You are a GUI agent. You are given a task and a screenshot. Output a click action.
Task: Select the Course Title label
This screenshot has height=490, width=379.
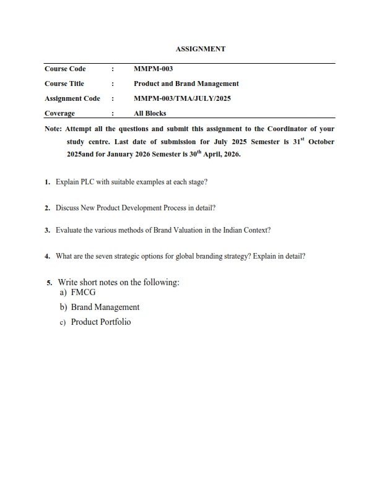(x=64, y=84)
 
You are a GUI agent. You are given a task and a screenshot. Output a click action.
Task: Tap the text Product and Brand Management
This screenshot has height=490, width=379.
(x=186, y=84)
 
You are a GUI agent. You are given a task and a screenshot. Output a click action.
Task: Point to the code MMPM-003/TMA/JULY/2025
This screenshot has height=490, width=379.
(x=182, y=98)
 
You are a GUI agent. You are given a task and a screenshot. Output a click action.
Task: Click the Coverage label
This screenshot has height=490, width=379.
(x=59, y=113)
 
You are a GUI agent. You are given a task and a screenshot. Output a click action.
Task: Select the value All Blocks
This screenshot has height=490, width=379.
(x=150, y=113)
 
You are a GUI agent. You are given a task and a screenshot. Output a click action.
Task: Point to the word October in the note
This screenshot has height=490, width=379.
(x=319, y=142)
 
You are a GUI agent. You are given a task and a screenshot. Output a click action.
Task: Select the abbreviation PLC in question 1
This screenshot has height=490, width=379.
(x=84, y=183)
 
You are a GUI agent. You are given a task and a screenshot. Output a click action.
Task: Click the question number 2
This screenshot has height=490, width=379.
(x=47, y=208)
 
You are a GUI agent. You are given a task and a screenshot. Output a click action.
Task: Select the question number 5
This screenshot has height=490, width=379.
(x=50, y=283)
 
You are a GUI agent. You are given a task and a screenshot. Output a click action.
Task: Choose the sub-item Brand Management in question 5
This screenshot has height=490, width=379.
(x=105, y=307)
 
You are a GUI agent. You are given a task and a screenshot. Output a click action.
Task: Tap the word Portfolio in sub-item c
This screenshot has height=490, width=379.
(x=115, y=322)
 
